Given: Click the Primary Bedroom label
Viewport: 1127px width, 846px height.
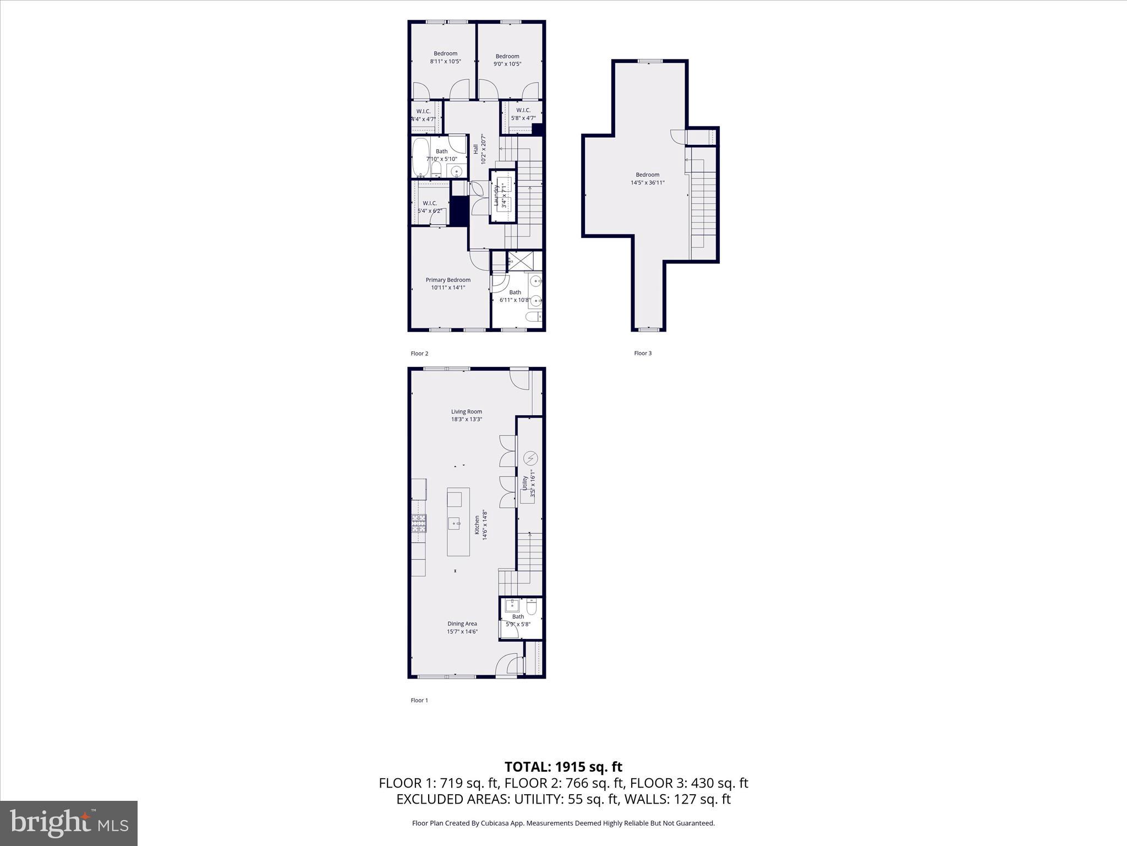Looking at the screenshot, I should coord(448,280).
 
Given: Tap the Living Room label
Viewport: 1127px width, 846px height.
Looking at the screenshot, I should coord(466,411).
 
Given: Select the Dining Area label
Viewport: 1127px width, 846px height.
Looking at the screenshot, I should coord(462,623).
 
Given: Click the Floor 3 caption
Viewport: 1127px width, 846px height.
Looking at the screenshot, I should coord(642,353).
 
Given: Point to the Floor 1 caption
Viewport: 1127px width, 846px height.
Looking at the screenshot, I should coord(419,700).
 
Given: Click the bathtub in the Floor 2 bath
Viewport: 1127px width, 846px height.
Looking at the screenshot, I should coord(421,156).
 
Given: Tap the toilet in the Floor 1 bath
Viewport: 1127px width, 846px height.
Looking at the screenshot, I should coord(531,607).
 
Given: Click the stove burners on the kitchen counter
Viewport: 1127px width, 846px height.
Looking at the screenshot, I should coord(418,523).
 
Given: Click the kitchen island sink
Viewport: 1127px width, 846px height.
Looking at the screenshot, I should coord(454,523).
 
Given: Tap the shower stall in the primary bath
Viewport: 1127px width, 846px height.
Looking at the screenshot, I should coord(516,260).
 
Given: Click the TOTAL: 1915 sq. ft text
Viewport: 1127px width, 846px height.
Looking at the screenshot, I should coord(563,767).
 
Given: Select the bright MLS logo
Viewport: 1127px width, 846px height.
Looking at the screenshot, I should coord(69,823).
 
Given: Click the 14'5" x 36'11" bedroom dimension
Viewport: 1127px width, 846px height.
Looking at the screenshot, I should coord(647,182).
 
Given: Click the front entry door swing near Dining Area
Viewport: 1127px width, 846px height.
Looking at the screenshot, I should coord(507,666).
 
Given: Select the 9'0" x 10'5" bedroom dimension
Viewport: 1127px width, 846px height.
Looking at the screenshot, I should coord(507,64).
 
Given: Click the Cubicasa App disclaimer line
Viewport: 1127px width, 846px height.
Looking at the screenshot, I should coord(563,823).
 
